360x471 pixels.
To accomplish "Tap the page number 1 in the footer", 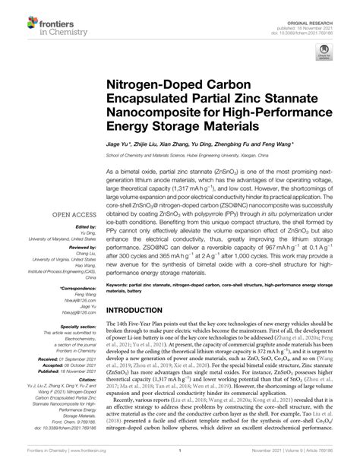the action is (180, 459).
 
